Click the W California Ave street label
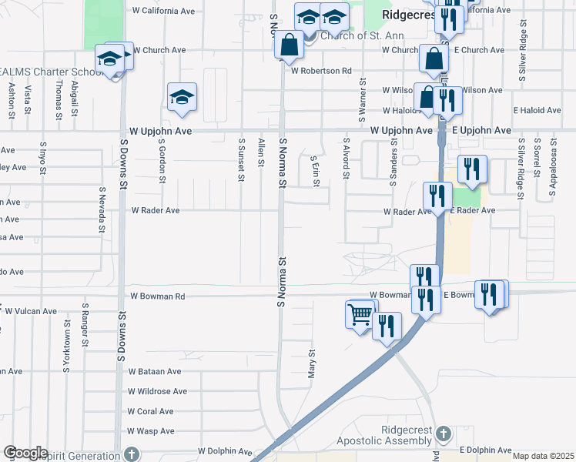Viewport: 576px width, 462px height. (163, 12)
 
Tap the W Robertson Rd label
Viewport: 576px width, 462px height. (321, 71)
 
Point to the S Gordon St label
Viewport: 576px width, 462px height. (162, 161)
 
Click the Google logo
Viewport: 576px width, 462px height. (25, 453)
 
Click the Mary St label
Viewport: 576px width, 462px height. (313, 362)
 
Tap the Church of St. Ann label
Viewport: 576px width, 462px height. (353, 35)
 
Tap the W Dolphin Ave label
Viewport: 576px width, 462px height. (225, 451)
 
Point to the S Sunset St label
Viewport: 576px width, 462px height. (241, 160)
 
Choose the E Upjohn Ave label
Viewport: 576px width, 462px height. (482, 131)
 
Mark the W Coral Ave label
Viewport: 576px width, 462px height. (152, 411)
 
